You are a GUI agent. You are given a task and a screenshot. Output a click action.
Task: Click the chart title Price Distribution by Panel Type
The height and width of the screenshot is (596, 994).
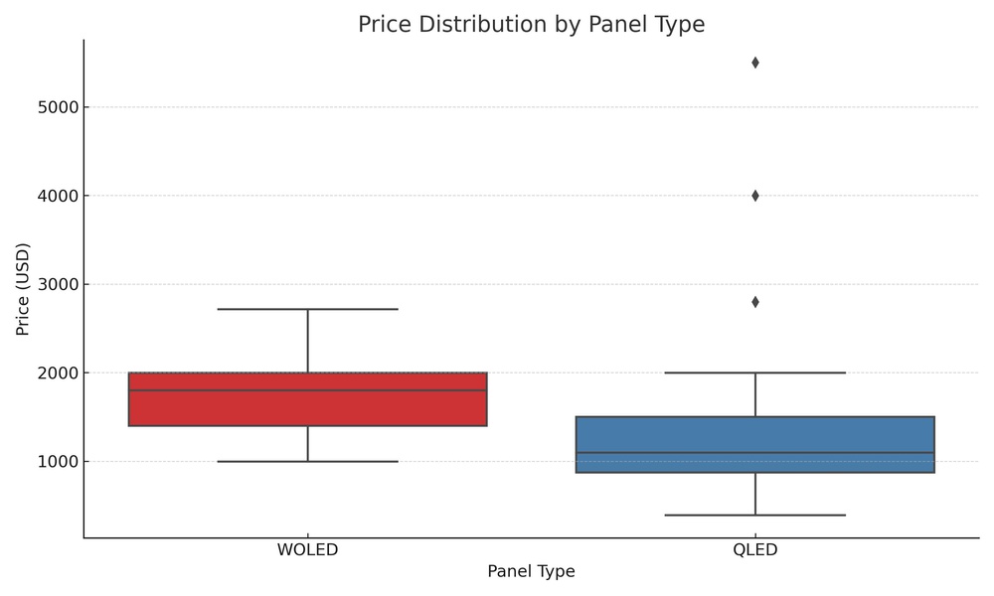click(531, 25)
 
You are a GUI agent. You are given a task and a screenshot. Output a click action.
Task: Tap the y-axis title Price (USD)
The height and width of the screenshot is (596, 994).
click(23, 288)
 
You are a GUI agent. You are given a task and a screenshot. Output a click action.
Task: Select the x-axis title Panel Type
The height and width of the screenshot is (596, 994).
click(531, 572)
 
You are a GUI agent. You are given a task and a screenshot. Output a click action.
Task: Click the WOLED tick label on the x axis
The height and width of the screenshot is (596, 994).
click(307, 550)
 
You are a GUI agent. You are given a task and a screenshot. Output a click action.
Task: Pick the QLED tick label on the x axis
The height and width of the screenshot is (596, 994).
click(755, 550)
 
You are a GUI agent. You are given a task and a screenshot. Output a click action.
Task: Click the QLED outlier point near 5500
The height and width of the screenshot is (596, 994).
click(755, 63)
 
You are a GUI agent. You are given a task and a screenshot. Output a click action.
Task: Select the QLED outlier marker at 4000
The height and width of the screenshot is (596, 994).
click(755, 196)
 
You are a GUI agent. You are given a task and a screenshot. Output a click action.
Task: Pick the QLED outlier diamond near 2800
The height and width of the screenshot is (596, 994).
click(755, 302)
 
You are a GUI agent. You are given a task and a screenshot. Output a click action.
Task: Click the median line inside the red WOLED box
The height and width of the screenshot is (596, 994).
click(307, 390)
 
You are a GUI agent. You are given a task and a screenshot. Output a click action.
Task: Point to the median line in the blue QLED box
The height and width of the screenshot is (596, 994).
click(755, 453)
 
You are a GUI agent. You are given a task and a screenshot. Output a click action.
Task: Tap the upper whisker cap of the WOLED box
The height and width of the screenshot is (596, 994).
click(307, 309)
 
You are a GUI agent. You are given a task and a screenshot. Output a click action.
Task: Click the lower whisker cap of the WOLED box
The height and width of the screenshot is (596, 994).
click(307, 461)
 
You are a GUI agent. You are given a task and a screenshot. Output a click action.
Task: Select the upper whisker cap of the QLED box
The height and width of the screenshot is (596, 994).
click(755, 372)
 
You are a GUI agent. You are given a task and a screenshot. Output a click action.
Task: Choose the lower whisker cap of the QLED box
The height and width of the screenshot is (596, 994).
click(755, 515)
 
